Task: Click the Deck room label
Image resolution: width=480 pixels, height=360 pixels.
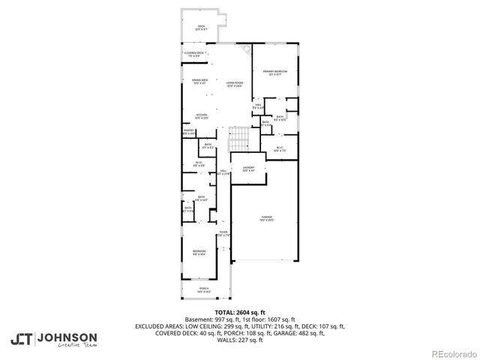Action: point(201,28)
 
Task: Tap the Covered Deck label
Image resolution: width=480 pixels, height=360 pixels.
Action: point(194,54)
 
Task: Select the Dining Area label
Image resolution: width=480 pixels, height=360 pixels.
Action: point(199,80)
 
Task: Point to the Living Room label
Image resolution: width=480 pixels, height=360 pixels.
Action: point(235,83)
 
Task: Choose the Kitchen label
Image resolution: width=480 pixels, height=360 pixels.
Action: point(201,116)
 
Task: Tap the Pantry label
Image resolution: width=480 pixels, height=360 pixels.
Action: point(189,132)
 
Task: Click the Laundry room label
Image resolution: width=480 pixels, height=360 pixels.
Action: point(248,169)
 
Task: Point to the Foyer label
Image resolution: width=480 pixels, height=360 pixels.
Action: point(223,233)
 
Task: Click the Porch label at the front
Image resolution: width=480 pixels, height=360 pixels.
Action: point(203,289)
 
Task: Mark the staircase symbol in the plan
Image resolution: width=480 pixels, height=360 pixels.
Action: point(239,139)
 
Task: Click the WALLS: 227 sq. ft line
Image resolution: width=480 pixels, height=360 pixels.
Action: point(240,340)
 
